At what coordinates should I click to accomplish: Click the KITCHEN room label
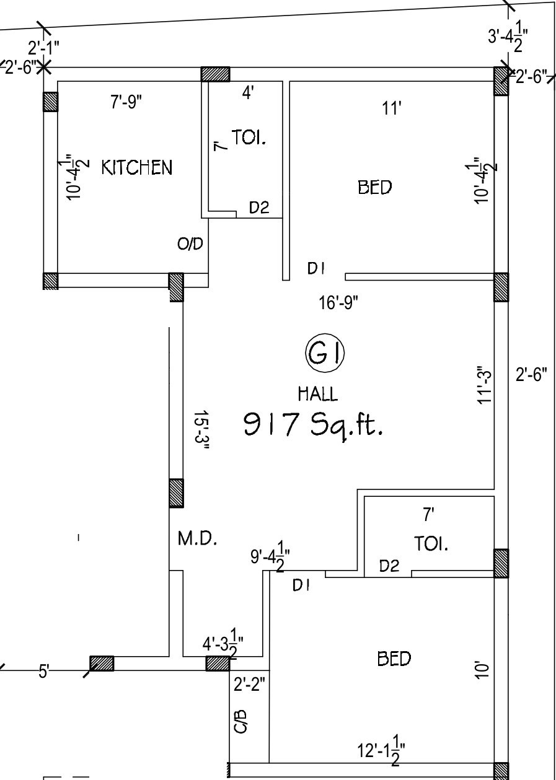pyautogui.click(x=137, y=167)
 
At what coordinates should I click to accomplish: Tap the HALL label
pyautogui.click(x=318, y=394)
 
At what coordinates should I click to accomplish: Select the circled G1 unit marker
pyautogui.click(x=325, y=353)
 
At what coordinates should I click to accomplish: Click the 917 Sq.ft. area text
pyautogui.click(x=312, y=425)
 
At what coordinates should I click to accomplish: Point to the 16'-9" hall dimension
pyautogui.click(x=338, y=302)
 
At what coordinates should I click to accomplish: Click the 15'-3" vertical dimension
pyautogui.click(x=201, y=430)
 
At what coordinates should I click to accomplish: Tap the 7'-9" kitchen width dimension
pyautogui.click(x=126, y=102)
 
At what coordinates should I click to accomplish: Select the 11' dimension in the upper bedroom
pyautogui.click(x=392, y=108)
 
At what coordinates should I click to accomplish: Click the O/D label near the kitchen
pyautogui.click(x=190, y=243)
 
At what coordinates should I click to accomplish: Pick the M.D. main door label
pyautogui.click(x=198, y=538)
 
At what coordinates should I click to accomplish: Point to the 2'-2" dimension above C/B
pyautogui.click(x=249, y=684)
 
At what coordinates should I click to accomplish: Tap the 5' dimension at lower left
pyautogui.click(x=44, y=671)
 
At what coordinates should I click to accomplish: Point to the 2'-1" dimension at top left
pyautogui.click(x=43, y=48)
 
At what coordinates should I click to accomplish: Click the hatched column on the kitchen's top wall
pyautogui.click(x=215, y=74)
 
